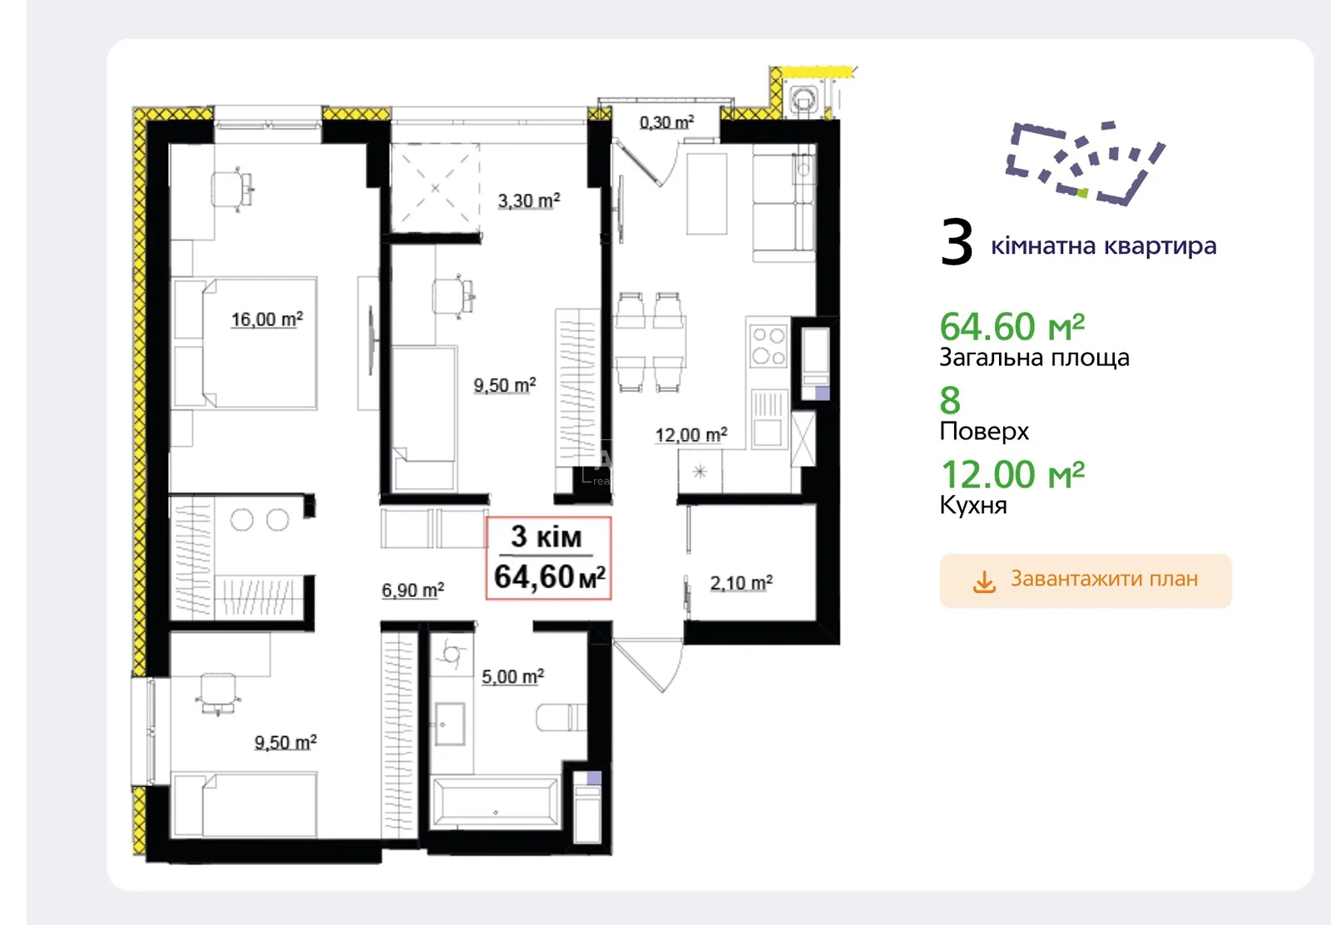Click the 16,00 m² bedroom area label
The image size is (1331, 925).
point(267,319)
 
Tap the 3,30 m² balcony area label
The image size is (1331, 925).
point(529,200)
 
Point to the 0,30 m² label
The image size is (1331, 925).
point(666,121)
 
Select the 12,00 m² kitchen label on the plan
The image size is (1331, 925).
point(691,434)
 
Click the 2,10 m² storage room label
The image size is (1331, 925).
point(741,582)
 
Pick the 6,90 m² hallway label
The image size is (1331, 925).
point(413,589)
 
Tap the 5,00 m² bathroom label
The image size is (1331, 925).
point(512,676)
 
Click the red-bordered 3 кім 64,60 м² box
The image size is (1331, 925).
point(548,558)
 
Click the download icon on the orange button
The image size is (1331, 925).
point(984,581)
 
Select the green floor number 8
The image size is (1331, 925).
point(950,400)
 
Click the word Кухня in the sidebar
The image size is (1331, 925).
point(973,505)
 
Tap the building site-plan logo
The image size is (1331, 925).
point(1085,163)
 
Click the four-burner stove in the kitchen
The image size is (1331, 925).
point(769,346)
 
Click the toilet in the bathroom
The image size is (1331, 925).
point(561,717)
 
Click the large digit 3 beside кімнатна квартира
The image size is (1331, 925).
point(957,242)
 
